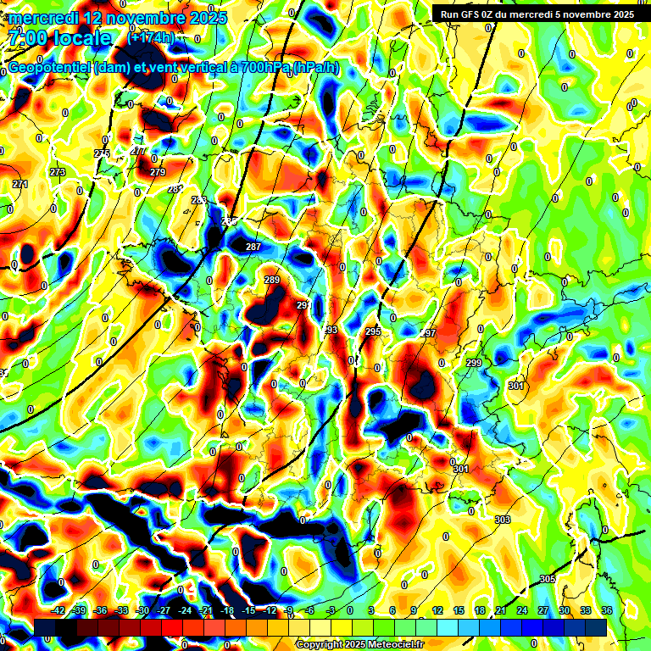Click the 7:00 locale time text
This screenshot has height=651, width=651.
tap(60, 37)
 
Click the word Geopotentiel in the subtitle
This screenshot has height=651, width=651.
tap(49, 68)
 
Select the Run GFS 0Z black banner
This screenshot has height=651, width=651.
tap(537, 14)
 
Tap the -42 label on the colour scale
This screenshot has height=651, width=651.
tap(58, 610)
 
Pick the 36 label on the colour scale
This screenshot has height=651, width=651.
tap(606, 610)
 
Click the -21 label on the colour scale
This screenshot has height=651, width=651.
tap(205, 610)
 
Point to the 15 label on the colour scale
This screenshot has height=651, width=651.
tap(459, 610)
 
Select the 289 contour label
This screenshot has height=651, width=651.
tap(272, 280)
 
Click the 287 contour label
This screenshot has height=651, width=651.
tap(253, 247)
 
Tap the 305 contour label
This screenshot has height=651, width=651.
tap(547, 579)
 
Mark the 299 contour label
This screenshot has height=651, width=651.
tap(473, 363)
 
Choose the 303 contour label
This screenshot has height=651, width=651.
tap(503, 520)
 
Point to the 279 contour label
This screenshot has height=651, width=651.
tap(158, 172)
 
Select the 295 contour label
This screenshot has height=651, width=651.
tap(373, 331)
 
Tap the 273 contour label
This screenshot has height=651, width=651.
tap(57, 172)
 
